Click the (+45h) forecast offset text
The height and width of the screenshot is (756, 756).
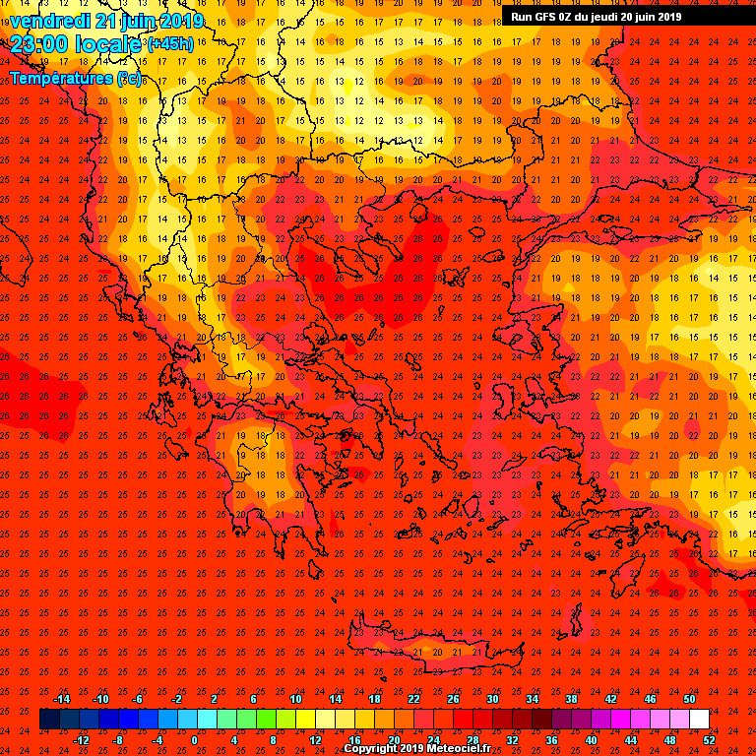coord(171,45)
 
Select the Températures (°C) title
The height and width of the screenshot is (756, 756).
coord(75,78)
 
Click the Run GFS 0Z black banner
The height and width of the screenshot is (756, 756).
coord(596,16)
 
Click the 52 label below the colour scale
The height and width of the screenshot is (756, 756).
coord(709,740)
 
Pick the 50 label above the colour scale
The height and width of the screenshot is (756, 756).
coord(689,698)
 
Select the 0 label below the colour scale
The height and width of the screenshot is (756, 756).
coord(194,740)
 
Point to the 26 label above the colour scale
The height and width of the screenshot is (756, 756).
coord(453,698)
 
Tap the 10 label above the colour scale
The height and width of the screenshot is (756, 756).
coord(295,698)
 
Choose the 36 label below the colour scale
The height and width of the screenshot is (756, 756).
coord(551,740)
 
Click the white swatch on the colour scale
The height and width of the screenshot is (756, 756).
coord(699,719)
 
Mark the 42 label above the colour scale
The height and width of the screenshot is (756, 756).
coord(610,698)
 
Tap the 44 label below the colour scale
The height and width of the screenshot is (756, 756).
coord(630,740)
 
